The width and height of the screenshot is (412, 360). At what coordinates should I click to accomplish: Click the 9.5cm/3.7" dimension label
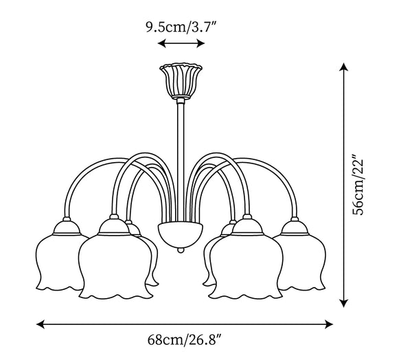181,27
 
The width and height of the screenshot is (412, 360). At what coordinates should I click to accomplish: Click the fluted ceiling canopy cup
181,81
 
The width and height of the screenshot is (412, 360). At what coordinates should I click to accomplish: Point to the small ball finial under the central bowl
180,250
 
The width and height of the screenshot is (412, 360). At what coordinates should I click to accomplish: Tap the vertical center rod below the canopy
181,160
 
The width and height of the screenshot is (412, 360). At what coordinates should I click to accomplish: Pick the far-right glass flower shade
302,263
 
